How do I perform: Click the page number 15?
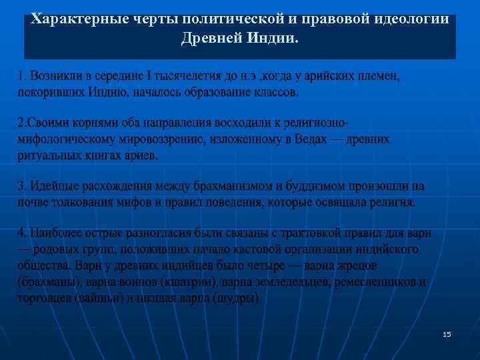[447, 334]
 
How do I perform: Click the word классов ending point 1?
[275, 92]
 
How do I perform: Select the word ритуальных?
[47, 155]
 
